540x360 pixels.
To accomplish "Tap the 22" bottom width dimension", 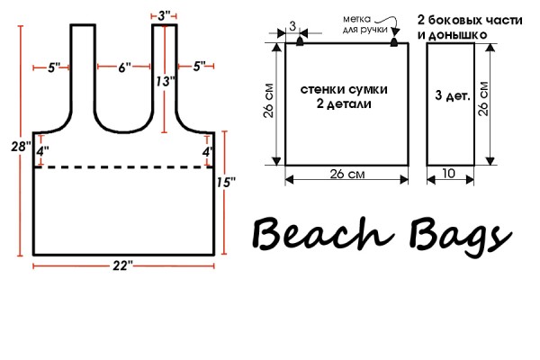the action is pos(122,265).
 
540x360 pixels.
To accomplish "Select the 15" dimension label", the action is pos(226,182).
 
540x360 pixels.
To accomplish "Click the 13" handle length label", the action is pos(166,82).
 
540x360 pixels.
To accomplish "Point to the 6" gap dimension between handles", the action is pos(124,67).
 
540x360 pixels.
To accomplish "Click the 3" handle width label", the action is pos(164,15).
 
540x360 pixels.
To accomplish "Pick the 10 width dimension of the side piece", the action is pos(448,174).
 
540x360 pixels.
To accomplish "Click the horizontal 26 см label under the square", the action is pos(347,174).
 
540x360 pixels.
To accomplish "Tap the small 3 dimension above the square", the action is pos(292,26).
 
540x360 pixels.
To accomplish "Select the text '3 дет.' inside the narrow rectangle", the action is pos(453,95).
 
